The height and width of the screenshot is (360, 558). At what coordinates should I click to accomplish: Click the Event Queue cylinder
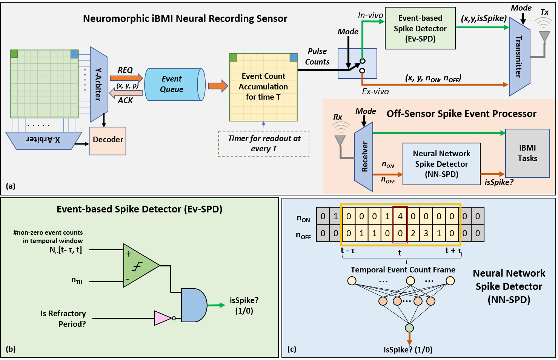pos(174,85)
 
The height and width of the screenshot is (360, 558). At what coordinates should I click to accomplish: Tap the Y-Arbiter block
pos(99,84)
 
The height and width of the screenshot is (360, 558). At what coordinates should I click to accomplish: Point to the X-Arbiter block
pos(43,140)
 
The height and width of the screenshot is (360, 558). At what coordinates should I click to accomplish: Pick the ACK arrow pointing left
pos(126,93)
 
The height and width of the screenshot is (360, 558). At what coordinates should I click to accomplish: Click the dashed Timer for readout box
pos(264,144)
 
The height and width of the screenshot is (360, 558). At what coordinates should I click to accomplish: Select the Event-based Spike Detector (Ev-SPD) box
pos(420,28)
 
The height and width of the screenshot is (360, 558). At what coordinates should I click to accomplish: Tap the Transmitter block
pos(519,57)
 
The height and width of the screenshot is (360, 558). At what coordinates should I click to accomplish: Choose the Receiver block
pos(364,157)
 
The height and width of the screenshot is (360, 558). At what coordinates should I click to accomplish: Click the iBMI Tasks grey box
pos(527,153)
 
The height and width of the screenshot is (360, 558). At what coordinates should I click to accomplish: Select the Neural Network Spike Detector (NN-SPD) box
pos(441,164)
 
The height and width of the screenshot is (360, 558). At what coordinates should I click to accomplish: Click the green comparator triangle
pos(138,266)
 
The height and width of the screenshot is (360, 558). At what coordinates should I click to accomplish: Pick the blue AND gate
pos(194,305)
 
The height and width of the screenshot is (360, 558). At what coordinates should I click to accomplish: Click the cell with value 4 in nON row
pos(400,217)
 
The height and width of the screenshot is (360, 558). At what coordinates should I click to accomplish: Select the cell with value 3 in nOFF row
pos(426,233)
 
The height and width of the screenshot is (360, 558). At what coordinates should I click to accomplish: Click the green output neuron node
pos(409,328)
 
